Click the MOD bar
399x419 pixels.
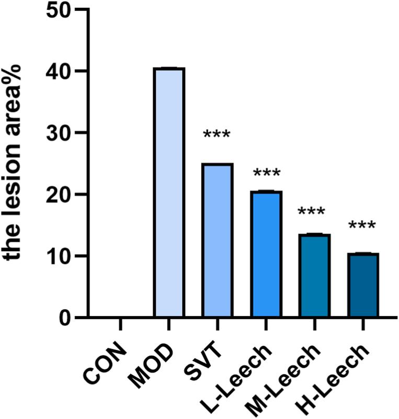(x=168, y=192)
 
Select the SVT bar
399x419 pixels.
(x=217, y=240)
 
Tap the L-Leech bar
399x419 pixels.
(x=266, y=254)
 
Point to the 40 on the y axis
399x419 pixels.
(x=59, y=72)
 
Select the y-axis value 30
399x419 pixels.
(x=59, y=133)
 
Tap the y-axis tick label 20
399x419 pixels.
(x=59, y=195)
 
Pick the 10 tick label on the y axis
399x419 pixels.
(x=59, y=256)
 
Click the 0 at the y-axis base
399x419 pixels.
(x=65, y=317)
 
